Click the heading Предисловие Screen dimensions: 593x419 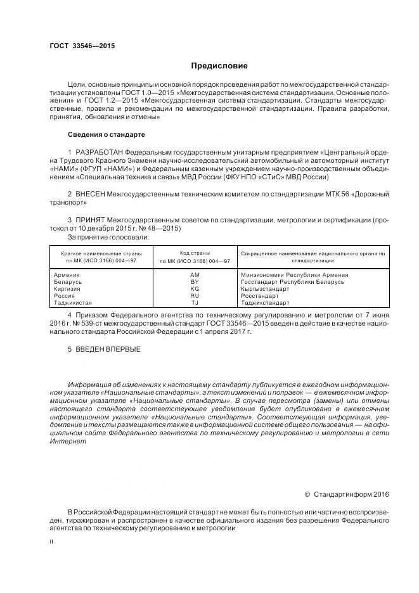tap(219, 66)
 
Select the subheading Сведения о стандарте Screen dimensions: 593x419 tap(106, 134)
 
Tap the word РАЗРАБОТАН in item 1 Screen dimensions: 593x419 tap(99, 153)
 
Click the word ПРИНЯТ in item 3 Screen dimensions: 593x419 tap(91, 220)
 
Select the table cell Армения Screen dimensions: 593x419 tap(67, 275)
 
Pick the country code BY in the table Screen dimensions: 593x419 tap(195, 282)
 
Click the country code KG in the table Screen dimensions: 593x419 tap(195, 289)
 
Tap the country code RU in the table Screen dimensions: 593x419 tap(195, 296)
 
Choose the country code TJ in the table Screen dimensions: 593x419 tap(195, 303)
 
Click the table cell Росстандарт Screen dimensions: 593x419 tap(259, 296)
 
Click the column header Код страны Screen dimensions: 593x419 tap(195, 253)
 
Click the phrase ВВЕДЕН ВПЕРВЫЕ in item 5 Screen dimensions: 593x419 tap(108, 349)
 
